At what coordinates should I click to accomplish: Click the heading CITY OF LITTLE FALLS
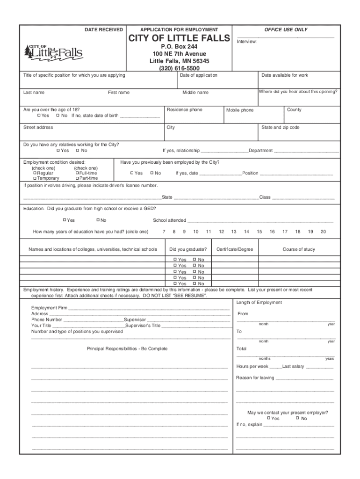coord(180,38)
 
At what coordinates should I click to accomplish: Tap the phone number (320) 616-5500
coord(180,68)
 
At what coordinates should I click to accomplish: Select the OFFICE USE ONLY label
coord(286,29)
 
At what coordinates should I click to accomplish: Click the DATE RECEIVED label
coord(103,29)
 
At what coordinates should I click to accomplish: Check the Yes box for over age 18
coord(39,116)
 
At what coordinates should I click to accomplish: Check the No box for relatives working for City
coord(78,151)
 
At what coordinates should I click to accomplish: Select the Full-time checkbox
coord(77,173)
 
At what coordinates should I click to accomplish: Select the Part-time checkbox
coord(77,178)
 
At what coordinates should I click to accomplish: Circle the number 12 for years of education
coord(221,232)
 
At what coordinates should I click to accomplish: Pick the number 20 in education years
coord(323,232)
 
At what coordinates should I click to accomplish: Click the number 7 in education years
coord(164,232)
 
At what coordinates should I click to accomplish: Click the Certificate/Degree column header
coord(235,249)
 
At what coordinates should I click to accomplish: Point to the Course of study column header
coord(299,249)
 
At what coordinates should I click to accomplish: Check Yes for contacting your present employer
coord(268,418)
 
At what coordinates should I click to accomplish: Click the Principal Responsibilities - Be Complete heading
coord(127,349)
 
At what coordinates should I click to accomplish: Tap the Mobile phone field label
coord(240,110)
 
